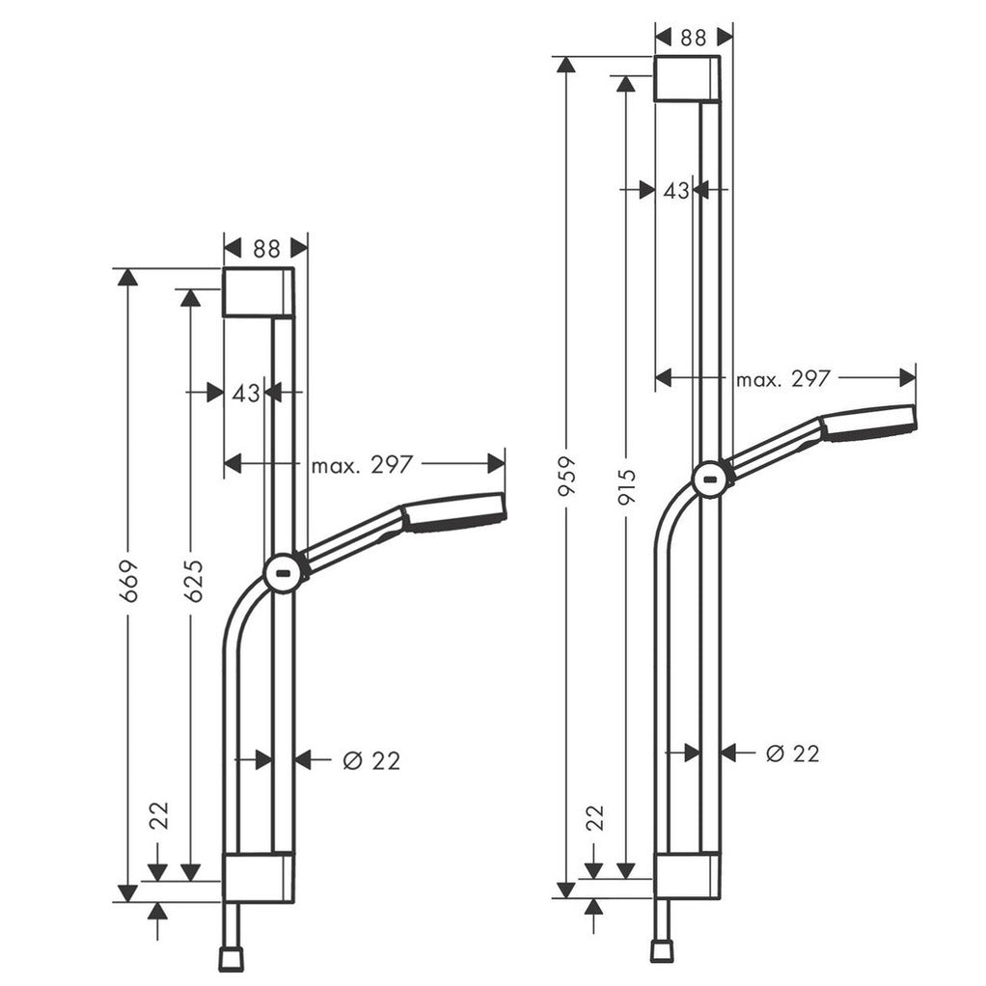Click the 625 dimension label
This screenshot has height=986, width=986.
point(192,580)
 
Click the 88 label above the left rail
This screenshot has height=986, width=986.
point(266,249)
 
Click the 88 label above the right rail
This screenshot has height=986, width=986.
point(693,37)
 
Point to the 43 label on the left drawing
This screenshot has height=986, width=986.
point(246,393)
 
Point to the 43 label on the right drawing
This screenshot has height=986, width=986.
point(676,190)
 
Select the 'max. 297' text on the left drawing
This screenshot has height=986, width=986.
point(362,465)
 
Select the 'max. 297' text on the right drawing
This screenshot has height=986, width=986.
point(782,379)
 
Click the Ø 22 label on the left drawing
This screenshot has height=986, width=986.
point(371,760)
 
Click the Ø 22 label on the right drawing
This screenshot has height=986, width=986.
point(792,753)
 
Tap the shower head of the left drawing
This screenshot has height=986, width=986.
point(452,512)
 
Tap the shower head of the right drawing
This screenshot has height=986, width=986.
point(868,423)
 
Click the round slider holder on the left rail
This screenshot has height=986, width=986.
point(284,573)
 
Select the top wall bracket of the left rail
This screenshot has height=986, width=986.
point(258,292)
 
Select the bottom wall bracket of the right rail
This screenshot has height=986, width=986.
point(687,876)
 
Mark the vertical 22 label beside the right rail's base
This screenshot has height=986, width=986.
point(595,817)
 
